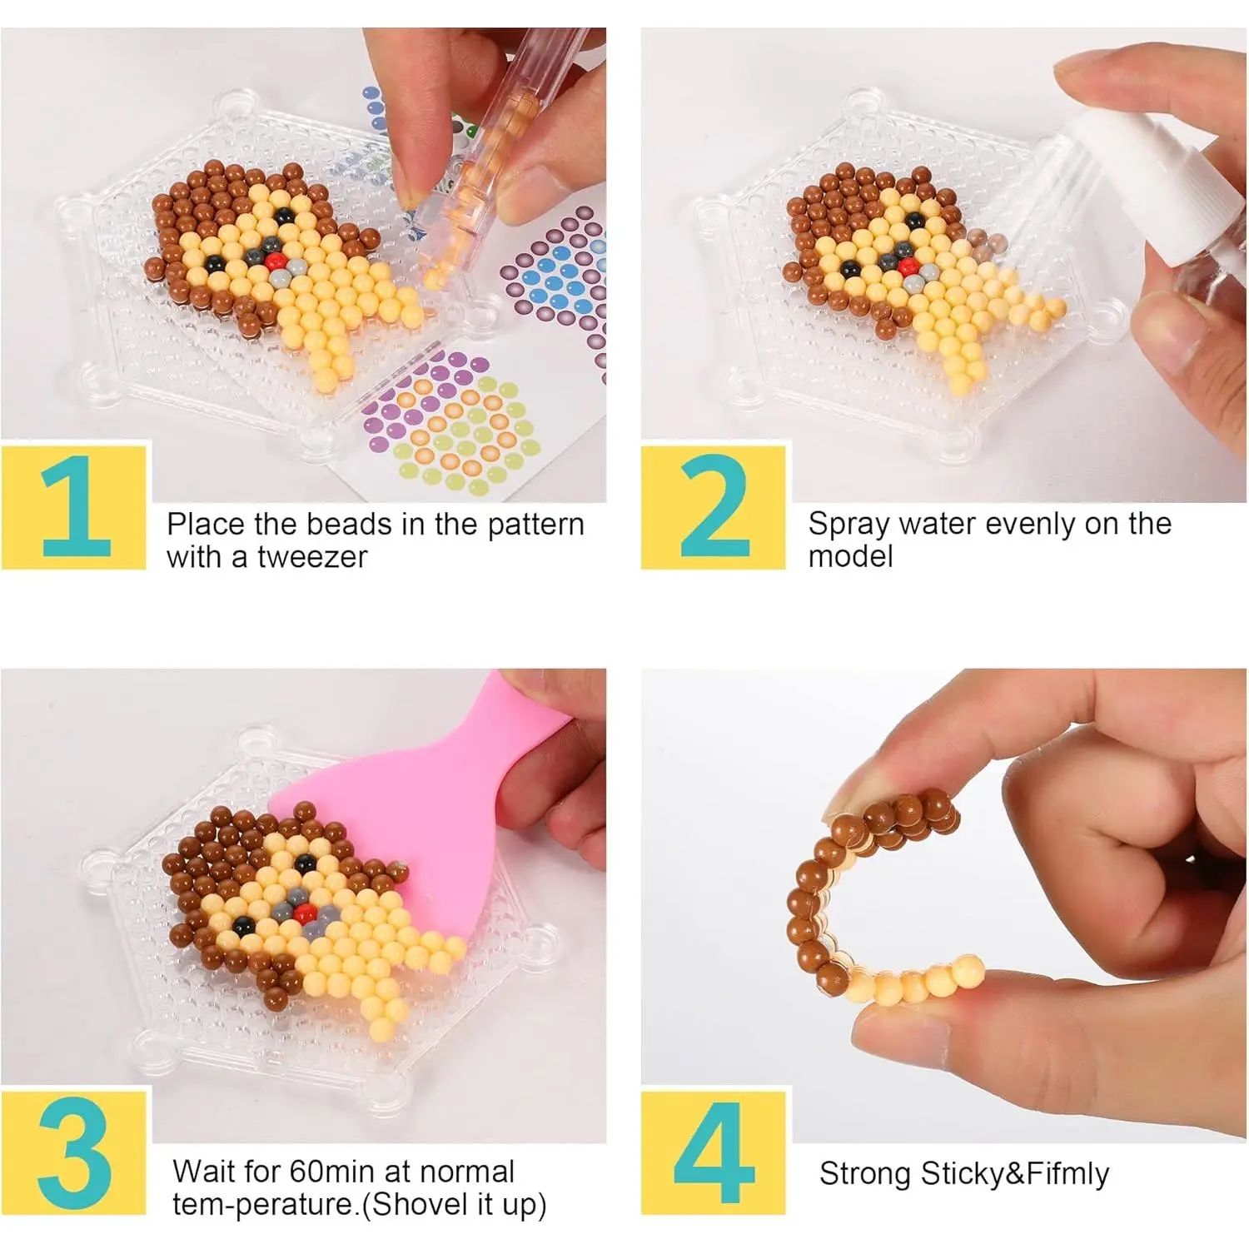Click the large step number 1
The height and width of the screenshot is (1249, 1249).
(76, 508)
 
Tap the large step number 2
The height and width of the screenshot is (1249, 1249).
(715, 508)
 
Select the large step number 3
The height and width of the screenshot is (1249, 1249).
(75, 1154)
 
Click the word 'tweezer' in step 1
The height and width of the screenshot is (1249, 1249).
(312, 557)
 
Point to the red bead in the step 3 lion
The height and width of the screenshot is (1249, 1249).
(303, 913)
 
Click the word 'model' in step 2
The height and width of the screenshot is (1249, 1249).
(850, 557)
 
